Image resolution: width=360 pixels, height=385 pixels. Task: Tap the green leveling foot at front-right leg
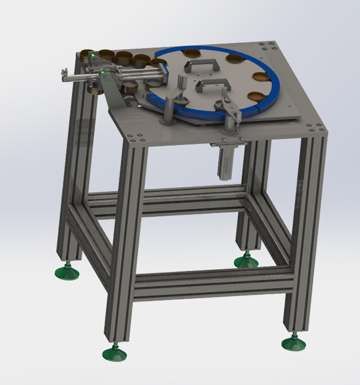(x=293, y=343)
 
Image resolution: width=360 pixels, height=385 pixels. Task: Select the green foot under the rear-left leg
(x=67, y=273)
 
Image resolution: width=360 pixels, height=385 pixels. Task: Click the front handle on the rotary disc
(x=213, y=84)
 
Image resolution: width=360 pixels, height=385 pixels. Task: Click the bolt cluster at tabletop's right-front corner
(x=315, y=127)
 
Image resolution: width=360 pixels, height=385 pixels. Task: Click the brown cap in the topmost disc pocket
(x=192, y=53)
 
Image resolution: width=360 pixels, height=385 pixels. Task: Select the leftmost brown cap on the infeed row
(x=87, y=54)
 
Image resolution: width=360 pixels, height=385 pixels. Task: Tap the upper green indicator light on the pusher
(x=92, y=55)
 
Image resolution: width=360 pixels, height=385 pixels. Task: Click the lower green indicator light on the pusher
(x=103, y=72)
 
